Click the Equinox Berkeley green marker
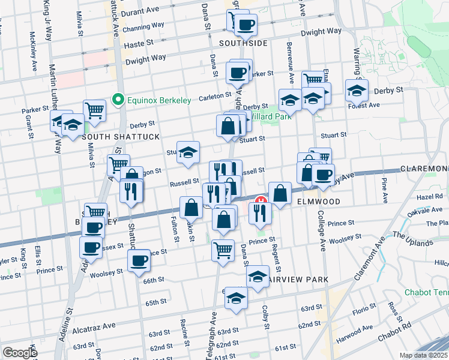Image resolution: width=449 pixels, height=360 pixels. click(119, 100)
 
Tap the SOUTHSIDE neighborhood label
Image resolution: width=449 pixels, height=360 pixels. click(243, 44)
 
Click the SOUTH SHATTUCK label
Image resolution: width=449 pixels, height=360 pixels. click(121, 137)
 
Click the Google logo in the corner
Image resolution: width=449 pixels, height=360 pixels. click(19, 353)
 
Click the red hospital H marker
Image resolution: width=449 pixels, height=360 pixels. click(261, 200)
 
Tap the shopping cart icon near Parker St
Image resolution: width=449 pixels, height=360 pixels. click(94, 110)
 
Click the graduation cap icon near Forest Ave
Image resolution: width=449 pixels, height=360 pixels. click(357, 91)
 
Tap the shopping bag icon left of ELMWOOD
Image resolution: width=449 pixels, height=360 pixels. click(280, 193)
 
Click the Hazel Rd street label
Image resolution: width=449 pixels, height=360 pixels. click(430, 196)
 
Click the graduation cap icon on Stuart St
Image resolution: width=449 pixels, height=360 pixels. click(188, 153)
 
